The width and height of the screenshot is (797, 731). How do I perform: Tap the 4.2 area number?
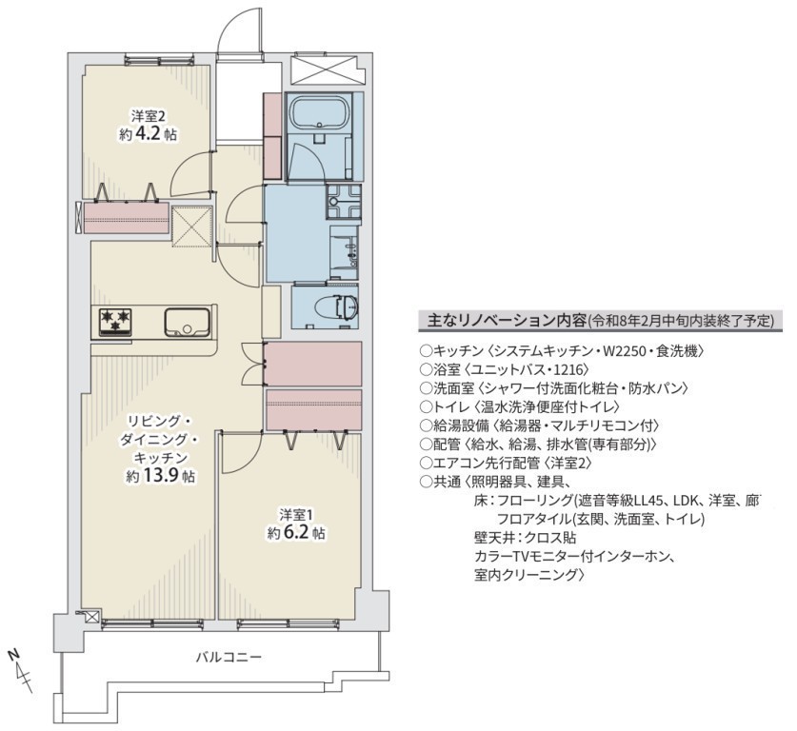(x=148, y=134)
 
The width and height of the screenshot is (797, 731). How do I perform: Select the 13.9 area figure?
(x=162, y=476)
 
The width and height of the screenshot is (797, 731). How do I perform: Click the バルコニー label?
(x=229, y=657)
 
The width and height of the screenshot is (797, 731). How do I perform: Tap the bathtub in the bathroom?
(x=321, y=114)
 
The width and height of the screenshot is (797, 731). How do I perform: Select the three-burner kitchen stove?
(x=115, y=322)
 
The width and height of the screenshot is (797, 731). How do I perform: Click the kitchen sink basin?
(x=187, y=322)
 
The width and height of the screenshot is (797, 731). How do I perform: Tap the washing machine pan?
(x=344, y=201)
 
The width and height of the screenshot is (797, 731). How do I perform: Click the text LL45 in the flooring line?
(x=648, y=501)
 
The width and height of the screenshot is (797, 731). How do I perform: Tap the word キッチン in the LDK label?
(x=161, y=458)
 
